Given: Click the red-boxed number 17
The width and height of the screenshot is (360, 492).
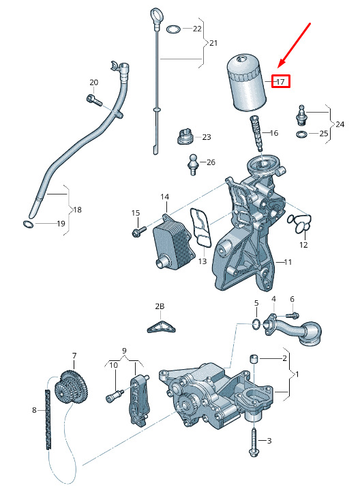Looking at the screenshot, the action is (x=280, y=82).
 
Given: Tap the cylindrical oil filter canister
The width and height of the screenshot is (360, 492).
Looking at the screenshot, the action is (x=247, y=83).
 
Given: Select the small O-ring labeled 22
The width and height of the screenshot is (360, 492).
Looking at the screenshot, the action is (x=173, y=29).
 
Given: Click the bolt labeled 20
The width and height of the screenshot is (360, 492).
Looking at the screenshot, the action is (x=94, y=100).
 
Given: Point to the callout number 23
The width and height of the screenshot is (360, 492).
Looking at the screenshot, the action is (x=207, y=137).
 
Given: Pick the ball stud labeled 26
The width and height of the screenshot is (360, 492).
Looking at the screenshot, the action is (x=192, y=164).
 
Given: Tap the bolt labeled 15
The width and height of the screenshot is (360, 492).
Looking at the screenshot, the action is (x=139, y=231).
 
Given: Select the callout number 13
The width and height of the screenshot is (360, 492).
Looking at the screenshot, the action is (x=202, y=261).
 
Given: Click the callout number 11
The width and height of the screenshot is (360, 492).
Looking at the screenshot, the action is (x=288, y=261).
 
